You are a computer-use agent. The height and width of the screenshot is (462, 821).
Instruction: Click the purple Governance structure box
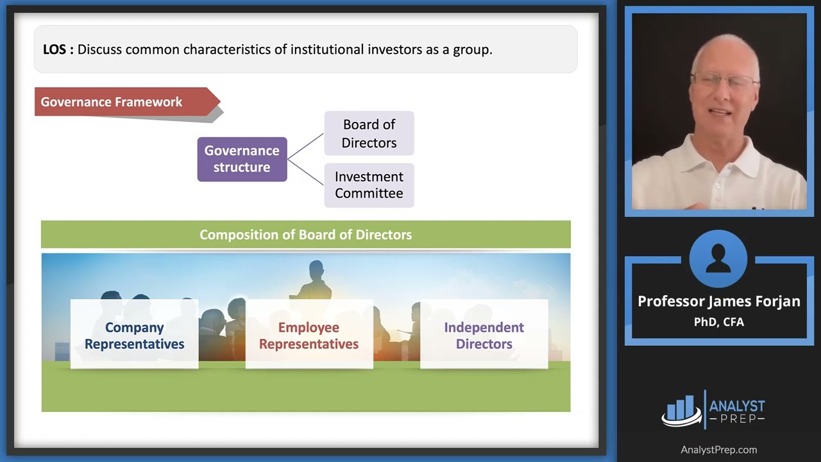[x=242, y=159]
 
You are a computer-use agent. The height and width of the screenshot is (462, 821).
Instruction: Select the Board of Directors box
[x=369, y=133]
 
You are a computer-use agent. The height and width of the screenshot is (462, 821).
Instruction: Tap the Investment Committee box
[x=369, y=185]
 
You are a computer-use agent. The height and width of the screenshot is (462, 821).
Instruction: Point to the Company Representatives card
[x=134, y=335]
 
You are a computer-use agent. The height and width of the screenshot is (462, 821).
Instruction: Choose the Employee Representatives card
[x=309, y=335]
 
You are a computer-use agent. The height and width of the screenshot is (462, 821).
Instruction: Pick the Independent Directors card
[x=484, y=335]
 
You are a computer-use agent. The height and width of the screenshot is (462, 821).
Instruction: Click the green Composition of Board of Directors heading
[x=305, y=235]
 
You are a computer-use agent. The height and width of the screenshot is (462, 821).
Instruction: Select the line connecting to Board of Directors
[x=305, y=146]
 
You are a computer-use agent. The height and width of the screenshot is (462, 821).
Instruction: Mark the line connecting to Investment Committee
[x=305, y=172]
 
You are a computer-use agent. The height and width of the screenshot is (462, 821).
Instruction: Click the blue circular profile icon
[x=718, y=259]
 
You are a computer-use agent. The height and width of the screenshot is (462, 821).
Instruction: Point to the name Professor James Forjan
[x=718, y=302]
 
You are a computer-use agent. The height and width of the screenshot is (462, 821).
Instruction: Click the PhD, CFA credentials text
[x=718, y=322]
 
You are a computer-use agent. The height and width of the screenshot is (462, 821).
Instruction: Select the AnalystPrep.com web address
[x=718, y=450]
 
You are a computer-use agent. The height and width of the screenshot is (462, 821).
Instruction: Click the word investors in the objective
[x=393, y=49]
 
